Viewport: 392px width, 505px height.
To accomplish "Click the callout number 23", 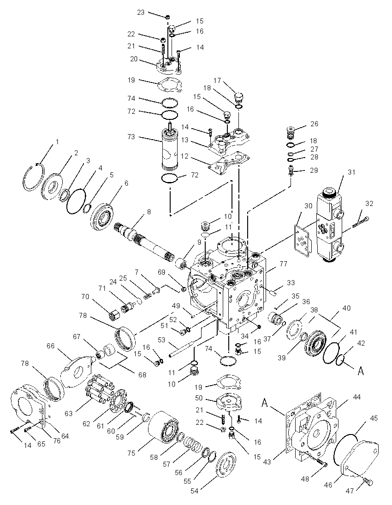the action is [141, 12].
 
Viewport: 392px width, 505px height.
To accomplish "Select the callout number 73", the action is [131, 137].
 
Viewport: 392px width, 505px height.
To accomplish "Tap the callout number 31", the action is [351, 172].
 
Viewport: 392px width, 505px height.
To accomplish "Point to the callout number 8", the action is [148, 212].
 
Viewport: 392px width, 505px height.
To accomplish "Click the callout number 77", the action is [283, 264].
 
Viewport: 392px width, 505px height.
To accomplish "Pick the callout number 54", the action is [195, 491].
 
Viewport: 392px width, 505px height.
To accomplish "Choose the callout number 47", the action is [350, 491].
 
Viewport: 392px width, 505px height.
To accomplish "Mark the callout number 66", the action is [51, 346].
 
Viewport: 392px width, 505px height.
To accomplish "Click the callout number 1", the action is [57, 142].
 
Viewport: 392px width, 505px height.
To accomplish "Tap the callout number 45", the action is [374, 418].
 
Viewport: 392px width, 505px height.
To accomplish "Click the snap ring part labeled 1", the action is [35, 176].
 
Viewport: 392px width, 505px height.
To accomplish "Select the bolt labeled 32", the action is [361, 222].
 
